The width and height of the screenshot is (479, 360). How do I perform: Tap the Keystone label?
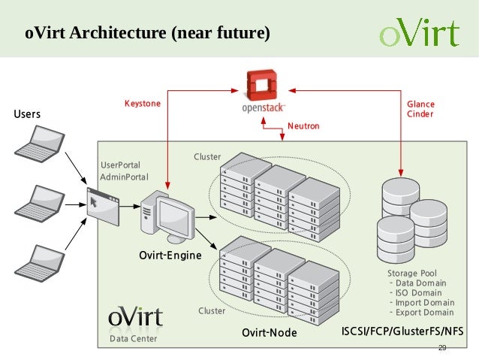(x=142, y=103)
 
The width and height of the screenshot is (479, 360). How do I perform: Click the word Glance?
(x=420, y=104)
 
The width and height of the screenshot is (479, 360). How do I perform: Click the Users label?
(x=28, y=114)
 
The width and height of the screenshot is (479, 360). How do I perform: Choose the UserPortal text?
(x=120, y=165)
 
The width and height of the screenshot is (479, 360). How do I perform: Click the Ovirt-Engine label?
(x=170, y=256)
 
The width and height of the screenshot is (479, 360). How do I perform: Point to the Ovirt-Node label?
(x=269, y=332)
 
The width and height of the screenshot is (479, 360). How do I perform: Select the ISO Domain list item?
(x=419, y=292)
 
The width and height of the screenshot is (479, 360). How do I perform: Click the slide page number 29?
(x=441, y=348)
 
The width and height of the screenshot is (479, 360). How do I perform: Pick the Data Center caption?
(x=134, y=340)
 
